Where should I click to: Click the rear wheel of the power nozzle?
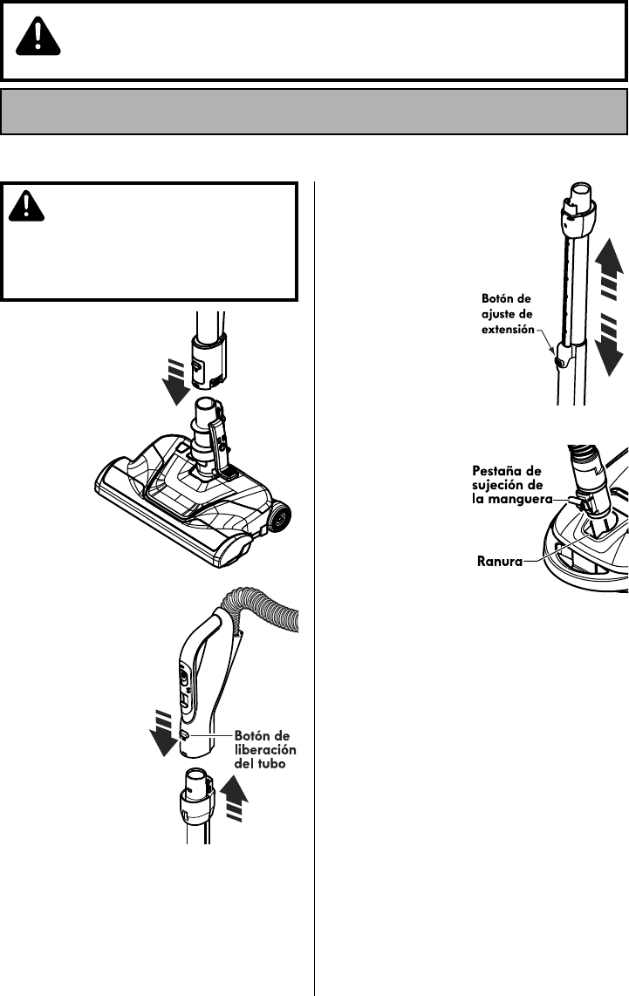pos(279,520)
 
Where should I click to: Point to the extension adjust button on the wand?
pos(555,357)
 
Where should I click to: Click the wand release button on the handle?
pos(185,735)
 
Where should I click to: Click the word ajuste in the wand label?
pos(503,314)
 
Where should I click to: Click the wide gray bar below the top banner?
pos(314,110)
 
